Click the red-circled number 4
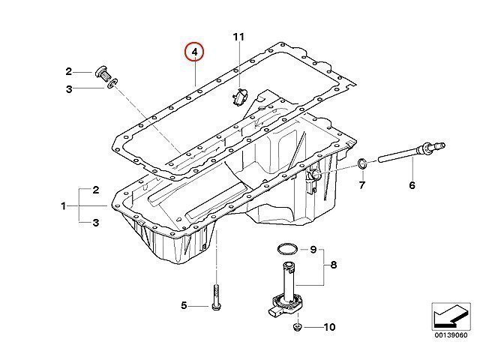tap(195, 52)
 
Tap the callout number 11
tap(238, 37)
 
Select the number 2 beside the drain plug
tap(68, 72)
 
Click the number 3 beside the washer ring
tap(69, 89)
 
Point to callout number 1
tap(63, 206)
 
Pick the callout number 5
tap(184, 305)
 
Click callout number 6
tap(412, 185)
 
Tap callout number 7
tap(362, 185)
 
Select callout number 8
tap(334, 265)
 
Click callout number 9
tap(313, 250)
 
